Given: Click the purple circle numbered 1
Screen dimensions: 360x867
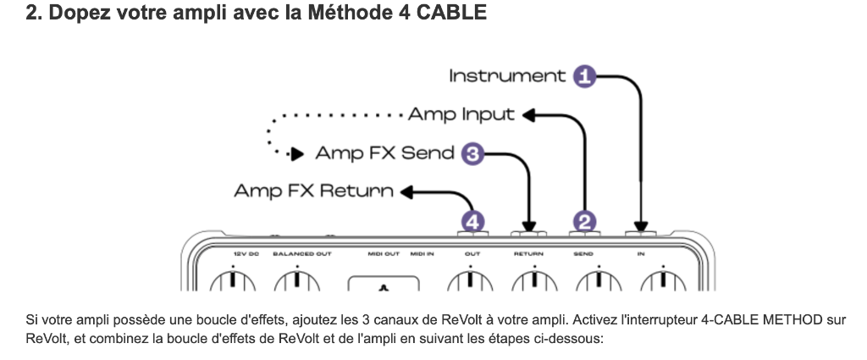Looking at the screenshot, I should (584, 76).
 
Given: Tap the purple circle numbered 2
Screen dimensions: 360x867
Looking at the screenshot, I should (584, 222).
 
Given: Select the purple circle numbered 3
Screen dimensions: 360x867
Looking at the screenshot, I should (472, 154).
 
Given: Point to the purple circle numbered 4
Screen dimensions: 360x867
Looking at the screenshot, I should (472, 222).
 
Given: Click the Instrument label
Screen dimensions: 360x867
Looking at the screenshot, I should (507, 76).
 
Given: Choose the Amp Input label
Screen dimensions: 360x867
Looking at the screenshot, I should (461, 114).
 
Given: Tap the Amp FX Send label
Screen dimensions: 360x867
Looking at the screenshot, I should (385, 154).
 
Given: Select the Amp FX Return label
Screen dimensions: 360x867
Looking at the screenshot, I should (313, 191).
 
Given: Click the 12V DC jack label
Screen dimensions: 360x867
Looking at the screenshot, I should (246, 253).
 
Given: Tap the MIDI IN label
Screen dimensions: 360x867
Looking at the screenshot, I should (422, 253).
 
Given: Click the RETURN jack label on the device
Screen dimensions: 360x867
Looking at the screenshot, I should (528, 253).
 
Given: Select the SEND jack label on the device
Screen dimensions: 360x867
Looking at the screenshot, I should (584, 253).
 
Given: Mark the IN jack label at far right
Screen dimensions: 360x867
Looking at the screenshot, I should (641, 253).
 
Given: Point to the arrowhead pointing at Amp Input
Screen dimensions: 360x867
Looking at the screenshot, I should (528, 115).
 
